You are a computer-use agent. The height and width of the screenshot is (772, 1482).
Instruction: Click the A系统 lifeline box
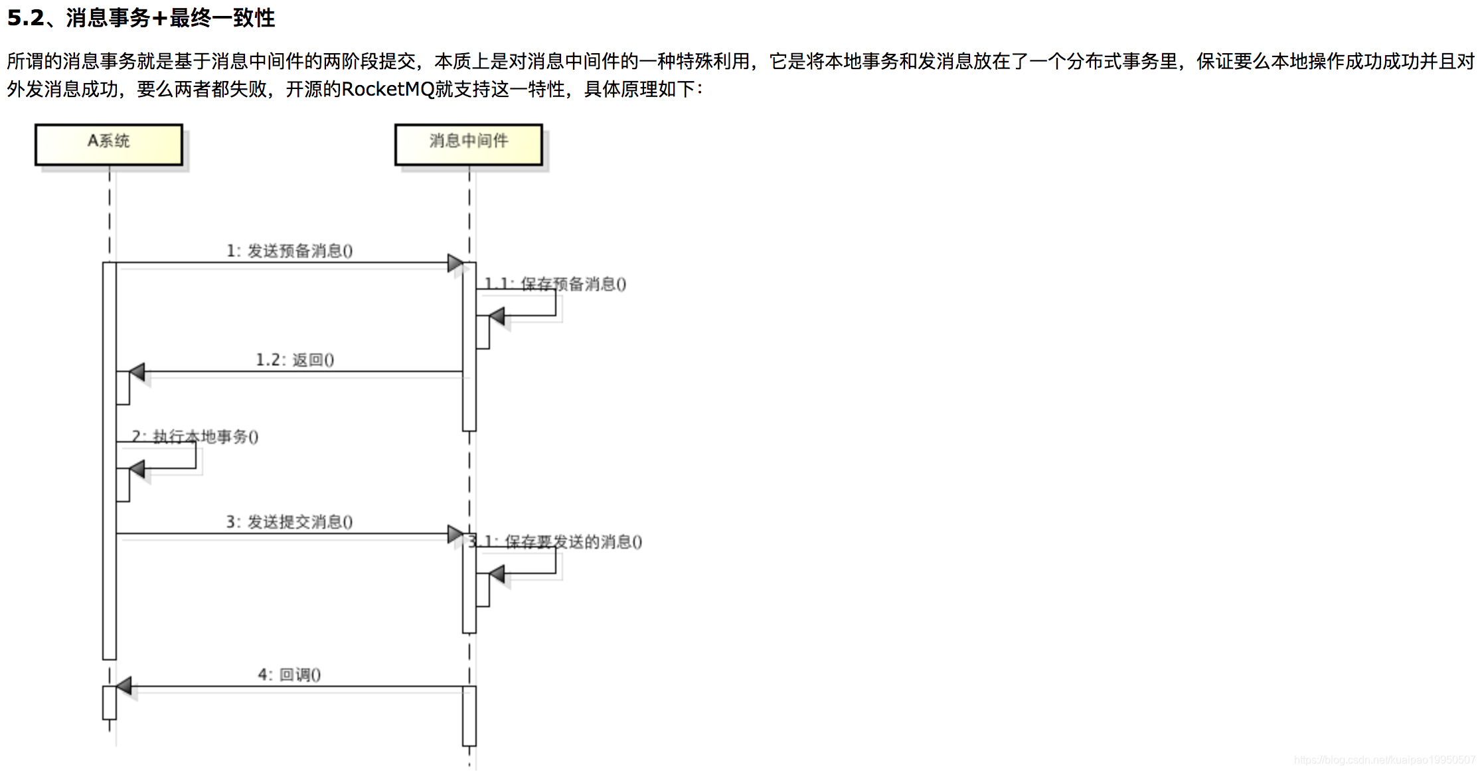coord(109,144)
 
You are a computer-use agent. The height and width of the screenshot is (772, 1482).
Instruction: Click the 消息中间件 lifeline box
coord(469,144)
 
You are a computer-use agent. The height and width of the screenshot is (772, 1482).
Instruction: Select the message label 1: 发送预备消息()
coord(289,251)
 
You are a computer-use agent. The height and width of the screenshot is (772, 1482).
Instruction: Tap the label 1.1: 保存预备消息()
coord(556,284)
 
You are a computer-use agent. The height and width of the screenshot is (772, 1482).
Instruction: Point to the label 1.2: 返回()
coord(295,360)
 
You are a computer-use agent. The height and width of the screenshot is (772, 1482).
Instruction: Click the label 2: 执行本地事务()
coord(195,436)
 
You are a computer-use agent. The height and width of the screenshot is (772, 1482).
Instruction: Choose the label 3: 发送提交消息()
coord(289,522)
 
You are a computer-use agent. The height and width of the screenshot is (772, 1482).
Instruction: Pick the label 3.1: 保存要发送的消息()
coord(556,542)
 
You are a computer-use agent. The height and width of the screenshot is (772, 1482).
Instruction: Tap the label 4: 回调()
coord(289,675)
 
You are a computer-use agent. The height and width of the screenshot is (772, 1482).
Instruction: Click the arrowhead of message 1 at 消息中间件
coord(455,263)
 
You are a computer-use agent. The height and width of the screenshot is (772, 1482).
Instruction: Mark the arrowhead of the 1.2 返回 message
coord(137,372)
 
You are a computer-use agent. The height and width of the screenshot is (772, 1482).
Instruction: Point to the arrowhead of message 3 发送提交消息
coord(455,534)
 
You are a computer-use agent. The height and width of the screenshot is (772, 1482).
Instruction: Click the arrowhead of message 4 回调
coord(123,686)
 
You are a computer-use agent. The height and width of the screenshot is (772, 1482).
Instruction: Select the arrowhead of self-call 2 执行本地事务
coord(137,469)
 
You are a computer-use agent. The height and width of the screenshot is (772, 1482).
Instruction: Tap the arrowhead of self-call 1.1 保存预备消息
coord(497,316)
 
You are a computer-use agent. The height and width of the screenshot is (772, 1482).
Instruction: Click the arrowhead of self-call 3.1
coord(497,573)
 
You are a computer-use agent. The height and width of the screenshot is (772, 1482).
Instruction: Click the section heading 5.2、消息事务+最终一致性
coord(141,18)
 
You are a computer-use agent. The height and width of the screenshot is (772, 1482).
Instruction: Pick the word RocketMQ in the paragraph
coord(388,89)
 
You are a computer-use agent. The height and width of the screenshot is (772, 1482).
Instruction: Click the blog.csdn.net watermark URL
coord(1384,760)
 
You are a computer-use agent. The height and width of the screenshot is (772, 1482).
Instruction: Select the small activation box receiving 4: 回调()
coord(110,703)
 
